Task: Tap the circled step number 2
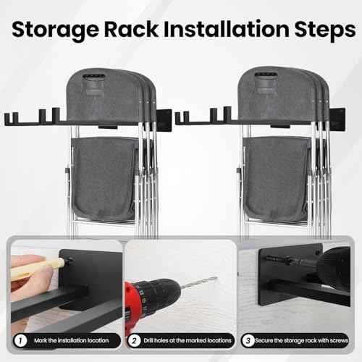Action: [135, 340]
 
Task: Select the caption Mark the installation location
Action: [70, 340]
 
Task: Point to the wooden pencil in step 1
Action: [33, 270]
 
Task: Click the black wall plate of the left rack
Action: [164, 119]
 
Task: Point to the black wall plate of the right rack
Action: [339, 119]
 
